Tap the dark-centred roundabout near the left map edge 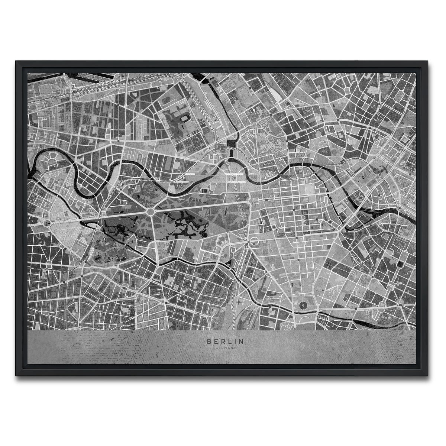tap(48, 223)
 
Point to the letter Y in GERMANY tap(235, 347)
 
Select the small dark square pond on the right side tap(400, 264)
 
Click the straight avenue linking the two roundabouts tap(98, 217)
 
